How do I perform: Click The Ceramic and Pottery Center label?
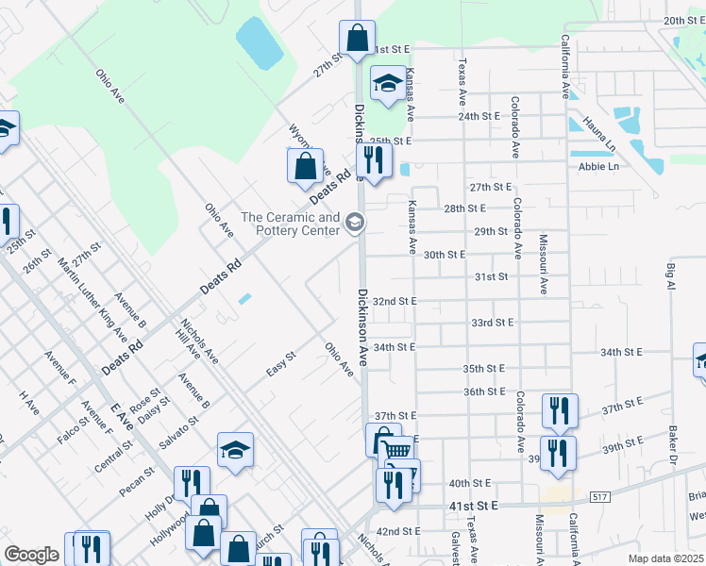290,224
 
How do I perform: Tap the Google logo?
31,555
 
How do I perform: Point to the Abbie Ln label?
598,166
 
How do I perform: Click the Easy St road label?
281,362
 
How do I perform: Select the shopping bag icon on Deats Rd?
306,166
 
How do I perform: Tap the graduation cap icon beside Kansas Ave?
388,84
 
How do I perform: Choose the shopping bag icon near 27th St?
358,39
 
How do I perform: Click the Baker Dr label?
673,442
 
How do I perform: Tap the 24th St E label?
478,116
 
